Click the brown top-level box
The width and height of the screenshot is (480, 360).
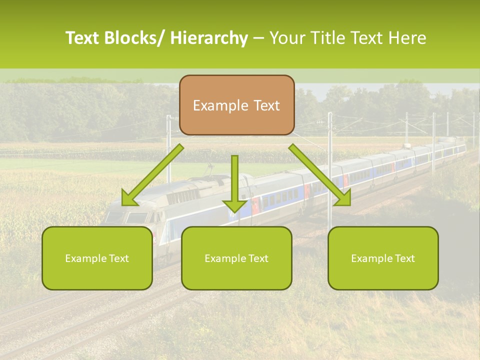tap(236, 105)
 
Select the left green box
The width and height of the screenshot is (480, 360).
tap(97, 258)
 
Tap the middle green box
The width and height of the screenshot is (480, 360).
tap(236, 258)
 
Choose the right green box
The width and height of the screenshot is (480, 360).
tap(383, 258)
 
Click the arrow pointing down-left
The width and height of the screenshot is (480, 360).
tap(152, 175)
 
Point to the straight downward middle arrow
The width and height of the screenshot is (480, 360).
tap(234, 183)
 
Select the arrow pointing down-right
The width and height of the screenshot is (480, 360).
tap(320, 175)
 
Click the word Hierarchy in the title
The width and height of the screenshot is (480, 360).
tap(209, 38)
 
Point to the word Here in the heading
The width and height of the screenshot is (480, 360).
tap(408, 38)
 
